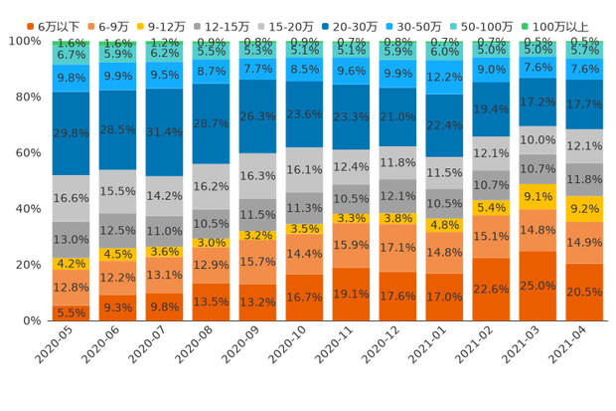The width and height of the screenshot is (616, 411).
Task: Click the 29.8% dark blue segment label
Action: tap(71, 133)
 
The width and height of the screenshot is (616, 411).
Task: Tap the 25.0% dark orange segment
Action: tap(538, 286)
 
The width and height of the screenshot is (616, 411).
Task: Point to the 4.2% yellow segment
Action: tap(71, 265)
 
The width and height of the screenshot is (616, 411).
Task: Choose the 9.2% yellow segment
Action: tap(584, 209)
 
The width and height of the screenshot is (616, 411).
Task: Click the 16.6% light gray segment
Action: tap(71, 198)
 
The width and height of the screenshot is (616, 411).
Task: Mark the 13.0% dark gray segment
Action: tap(71, 240)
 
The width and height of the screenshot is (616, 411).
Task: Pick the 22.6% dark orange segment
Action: tap(491, 289)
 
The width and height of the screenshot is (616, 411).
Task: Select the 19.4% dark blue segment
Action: tap(491, 108)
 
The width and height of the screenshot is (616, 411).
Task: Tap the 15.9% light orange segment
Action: tap(351, 245)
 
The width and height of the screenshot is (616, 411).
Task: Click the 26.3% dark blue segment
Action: tap(257, 115)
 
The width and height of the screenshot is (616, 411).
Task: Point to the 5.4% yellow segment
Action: tap(491, 208)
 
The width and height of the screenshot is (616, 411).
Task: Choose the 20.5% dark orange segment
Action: tap(584, 292)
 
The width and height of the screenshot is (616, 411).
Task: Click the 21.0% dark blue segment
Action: tap(397, 116)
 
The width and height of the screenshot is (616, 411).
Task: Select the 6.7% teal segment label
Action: tap(71, 56)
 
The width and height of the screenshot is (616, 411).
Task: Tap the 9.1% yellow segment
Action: tap(538, 196)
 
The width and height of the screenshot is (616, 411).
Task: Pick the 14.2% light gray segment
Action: tap(164, 196)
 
